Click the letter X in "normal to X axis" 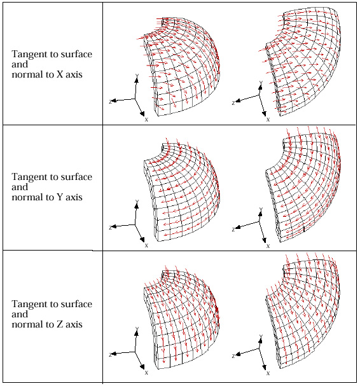click(x=60, y=74)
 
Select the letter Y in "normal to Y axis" click(x=60, y=197)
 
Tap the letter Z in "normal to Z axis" click(x=60, y=324)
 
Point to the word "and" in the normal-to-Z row click(x=20, y=314)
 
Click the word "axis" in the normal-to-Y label click(x=74, y=197)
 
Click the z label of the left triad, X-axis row click(x=110, y=101)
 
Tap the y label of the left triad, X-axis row click(x=137, y=76)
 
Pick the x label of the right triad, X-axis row click(x=268, y=120)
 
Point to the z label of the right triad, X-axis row click(x=233, y=103)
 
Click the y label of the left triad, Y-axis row click(x=137, y=202)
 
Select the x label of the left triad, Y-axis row click(x=146, y=245)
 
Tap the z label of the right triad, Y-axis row click(x=233, y=230)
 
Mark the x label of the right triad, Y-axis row click(x=268, y=246)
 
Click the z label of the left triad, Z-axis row click(x=110, y=355)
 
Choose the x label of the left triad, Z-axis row click(x=146, y=373)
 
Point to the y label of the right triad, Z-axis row click(x=261, y=336)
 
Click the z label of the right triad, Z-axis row click(x=233, y=356)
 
